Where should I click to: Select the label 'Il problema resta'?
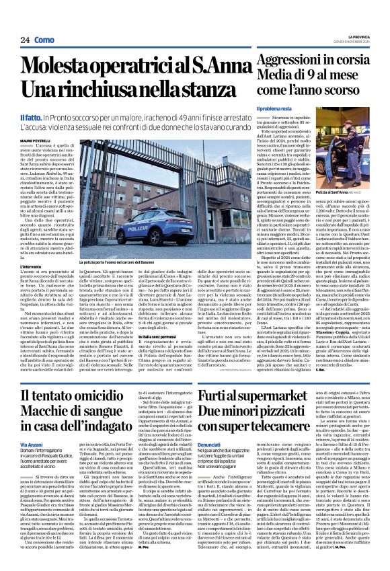pyautogui.click(x=273, y=109)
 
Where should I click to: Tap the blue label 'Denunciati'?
pyautogui.click(x=213, y=444)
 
